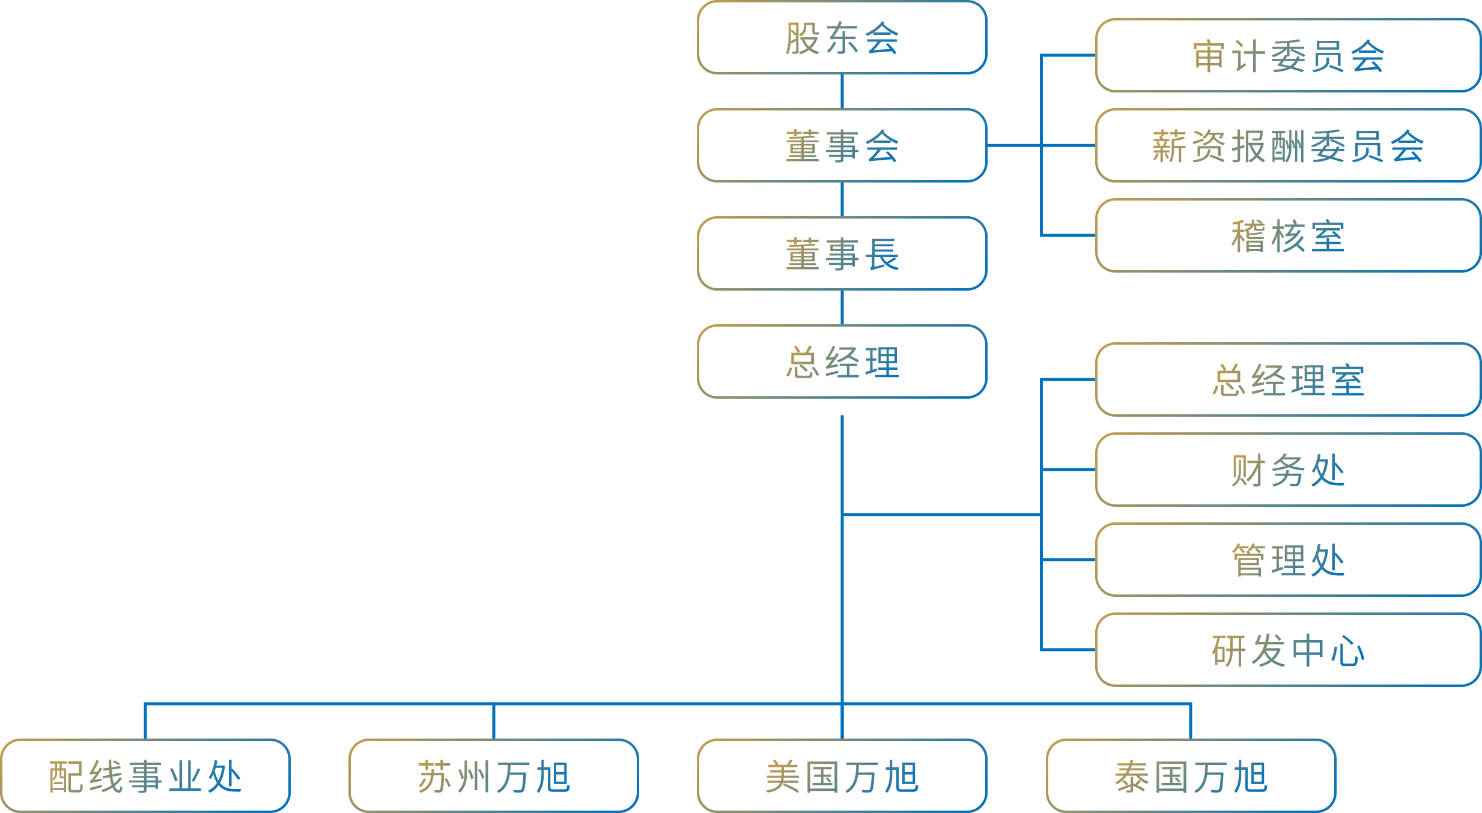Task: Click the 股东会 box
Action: pos(842,37)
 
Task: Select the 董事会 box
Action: pos(842,145)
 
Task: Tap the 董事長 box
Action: pos(842,253)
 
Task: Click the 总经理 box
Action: pos(842,361)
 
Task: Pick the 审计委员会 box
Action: pos(1289,55)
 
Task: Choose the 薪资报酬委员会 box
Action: pos(1289,145)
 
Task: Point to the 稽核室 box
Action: pos(1289,235)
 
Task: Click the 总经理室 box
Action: pos(1289,379)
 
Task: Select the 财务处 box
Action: pos(1289,470)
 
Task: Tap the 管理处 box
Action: pos(1289,560)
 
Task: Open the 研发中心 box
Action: pos(1289,650)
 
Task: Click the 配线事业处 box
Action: pos(145,776)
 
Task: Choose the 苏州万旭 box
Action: pos(494,776)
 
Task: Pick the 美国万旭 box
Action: pos(842,776)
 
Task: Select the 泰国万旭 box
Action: pos(1191,776)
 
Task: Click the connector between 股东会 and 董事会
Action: pos(842,91)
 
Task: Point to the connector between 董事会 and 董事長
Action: pos(842,199)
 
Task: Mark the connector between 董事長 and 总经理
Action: pos(842,307)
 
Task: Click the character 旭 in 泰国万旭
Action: pos(1251,776)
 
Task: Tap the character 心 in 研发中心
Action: pos(1348,651)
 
